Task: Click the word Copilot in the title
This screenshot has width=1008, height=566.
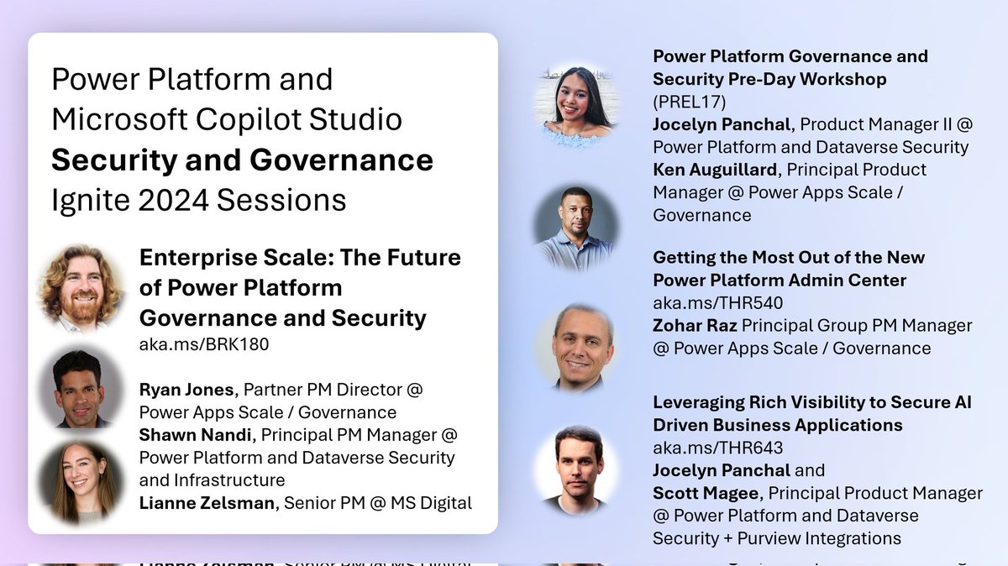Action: pyautogui.click(x=256, y=119)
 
